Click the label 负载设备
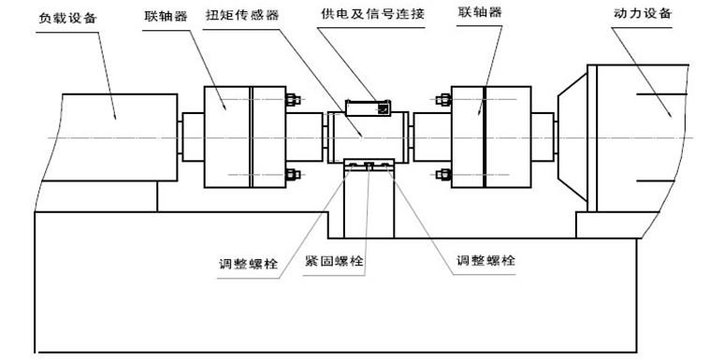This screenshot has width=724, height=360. [x=66, y=17]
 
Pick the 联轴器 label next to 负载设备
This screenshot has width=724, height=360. [x=166, y=17]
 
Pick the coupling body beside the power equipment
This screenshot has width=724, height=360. [x=491, y=137]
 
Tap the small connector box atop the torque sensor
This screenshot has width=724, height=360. [x=369, y=107]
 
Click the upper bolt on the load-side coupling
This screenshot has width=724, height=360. [x=291, y=100]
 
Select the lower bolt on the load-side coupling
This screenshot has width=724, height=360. [x=291, y=174]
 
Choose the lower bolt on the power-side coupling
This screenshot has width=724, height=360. [x=442, y=174]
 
